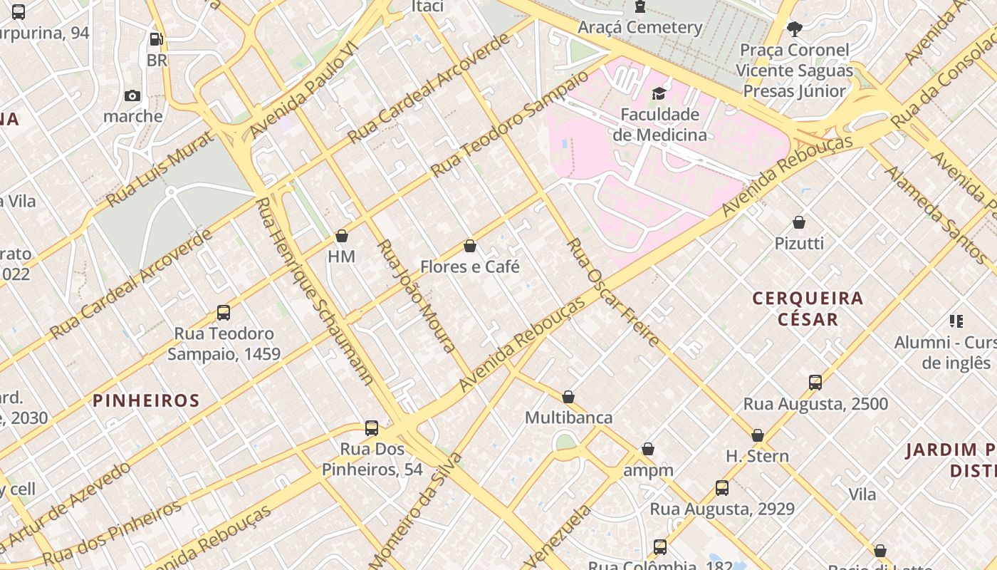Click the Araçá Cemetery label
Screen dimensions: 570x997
click(x=640, y=27)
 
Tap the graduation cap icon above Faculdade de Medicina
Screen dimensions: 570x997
click(x=659, y=93)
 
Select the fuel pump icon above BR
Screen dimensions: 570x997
click(x=157, y=40)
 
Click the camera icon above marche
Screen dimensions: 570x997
click(x=132, y=95)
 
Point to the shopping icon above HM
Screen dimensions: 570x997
click(x=342, y=236)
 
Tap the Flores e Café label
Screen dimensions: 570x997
click(x=470, y=267)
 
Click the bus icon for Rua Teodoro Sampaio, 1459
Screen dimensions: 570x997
click(x=224, y=312)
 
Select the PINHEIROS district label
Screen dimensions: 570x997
click(x=146, y=400)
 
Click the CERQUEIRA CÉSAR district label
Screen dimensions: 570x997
click(x=808, y=309)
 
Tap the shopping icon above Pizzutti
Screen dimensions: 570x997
click(x=799, y=222)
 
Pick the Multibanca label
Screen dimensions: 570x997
click(x=568, y=418)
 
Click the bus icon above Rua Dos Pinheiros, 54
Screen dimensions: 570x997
click(x=372, y=427)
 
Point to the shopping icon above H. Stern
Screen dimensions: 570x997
click(x=758, y=435)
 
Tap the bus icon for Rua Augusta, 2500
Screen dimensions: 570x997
click(x=815, y=383)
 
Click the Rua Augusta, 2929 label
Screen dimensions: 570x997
click(x=721, y=509)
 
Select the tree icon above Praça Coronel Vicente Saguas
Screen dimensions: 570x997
click(x=795, y=29)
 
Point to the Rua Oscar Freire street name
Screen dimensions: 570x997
click(x=612, y=293)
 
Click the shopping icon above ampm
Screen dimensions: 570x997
click(x=648, y=449)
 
